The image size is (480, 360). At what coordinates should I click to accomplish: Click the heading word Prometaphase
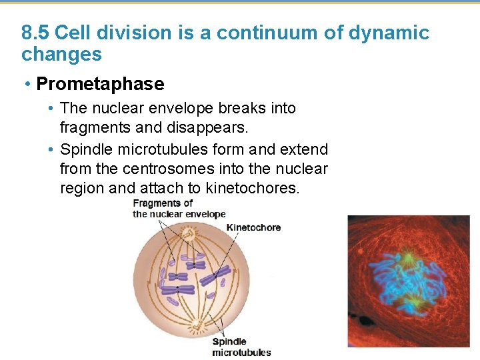click(100, 84)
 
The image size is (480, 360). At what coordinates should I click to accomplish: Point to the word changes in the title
click(61, 54)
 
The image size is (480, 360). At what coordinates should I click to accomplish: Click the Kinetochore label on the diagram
click(253, 227)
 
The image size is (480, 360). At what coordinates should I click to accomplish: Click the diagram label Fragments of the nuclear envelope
click(179, 209)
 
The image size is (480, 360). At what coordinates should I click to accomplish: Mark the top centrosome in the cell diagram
click(189, 234)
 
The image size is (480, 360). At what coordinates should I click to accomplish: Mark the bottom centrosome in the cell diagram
click(197, 325)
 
